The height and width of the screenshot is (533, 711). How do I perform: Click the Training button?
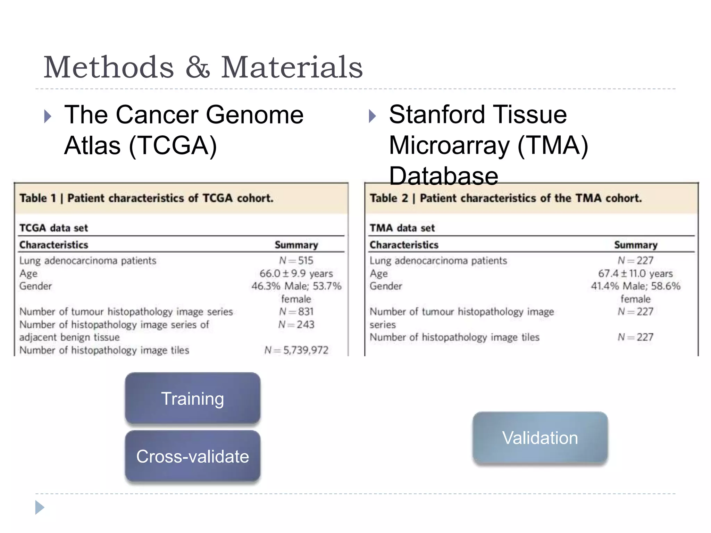[193, 398]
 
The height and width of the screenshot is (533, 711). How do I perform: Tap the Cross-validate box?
[193, 456]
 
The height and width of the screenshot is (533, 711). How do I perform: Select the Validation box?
[540, 438]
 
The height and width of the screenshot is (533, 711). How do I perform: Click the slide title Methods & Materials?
[203, 67]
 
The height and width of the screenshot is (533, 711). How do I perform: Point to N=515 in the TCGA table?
[296, 260]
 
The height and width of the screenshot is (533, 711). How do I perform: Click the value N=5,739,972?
[296, 350]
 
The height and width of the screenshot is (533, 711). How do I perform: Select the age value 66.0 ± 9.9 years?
[296, 273]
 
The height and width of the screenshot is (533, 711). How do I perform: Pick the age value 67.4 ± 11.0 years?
[635, 273]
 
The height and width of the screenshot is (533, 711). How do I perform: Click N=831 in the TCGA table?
[296, 312]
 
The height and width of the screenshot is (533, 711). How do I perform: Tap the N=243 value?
[296, 324]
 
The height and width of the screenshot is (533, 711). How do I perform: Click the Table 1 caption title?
[147, 198]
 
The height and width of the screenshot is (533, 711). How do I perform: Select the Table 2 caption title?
[505, 198]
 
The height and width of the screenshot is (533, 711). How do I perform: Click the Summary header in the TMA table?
[636, 245]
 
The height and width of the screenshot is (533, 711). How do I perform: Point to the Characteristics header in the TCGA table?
[54, 245]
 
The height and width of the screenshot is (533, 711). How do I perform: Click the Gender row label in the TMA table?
[386, 286]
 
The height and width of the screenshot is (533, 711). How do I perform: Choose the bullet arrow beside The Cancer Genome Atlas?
[48, 116]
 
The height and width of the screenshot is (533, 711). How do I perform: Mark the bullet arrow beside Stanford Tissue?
[372, 116]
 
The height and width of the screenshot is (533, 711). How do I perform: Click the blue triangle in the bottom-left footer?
[40, 507]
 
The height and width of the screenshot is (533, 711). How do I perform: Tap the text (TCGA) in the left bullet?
[173, 145]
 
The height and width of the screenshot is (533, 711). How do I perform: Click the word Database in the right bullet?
[444, 176]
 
